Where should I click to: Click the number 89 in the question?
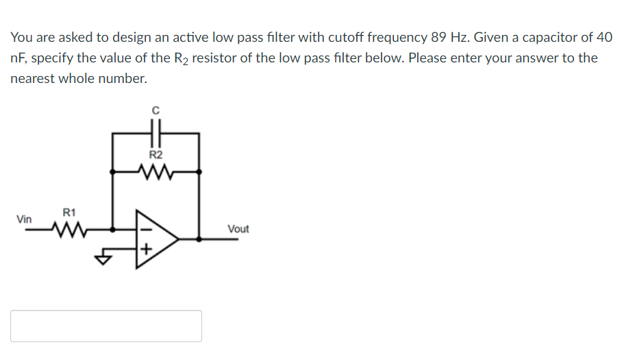click(x=439, y=37)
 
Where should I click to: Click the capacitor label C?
click(x=155, y=110)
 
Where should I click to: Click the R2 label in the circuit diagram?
click(x=155, y=156)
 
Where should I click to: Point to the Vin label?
click(x=24, y=219)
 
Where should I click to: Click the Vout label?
click(x=238, y=229)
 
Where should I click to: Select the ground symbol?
click(x=103, y=259)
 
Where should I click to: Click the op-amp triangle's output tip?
click(x=179, y=239)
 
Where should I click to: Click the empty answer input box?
click(x=106, y=326)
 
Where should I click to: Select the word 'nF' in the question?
click(x=17, y=58)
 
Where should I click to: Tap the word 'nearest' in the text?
click(x=33, y=79)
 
